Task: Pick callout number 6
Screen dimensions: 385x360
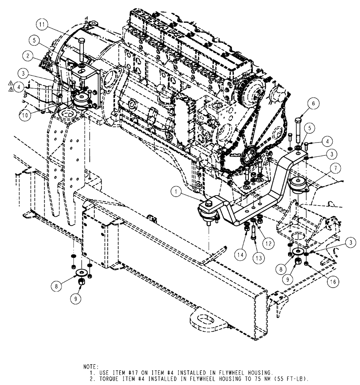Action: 313,103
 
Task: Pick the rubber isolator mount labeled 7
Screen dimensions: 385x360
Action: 298,184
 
